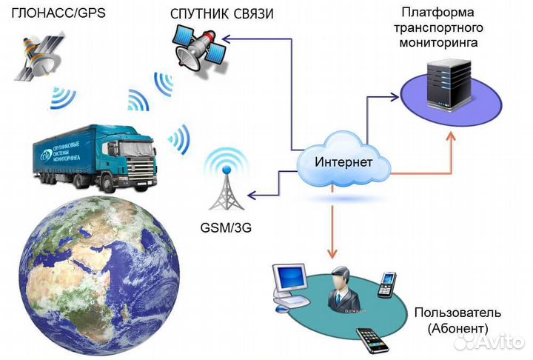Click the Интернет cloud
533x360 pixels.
(342, 161)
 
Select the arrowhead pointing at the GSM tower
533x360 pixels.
(250, 196)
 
